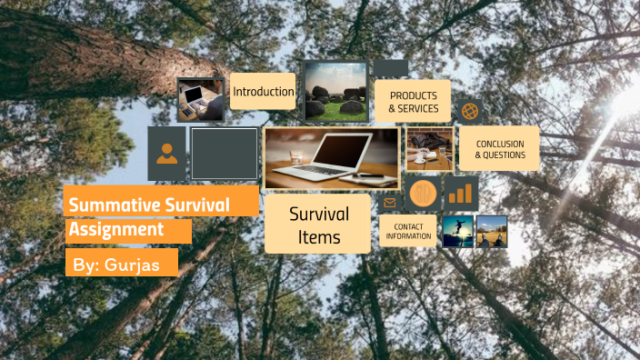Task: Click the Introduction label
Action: [x=264, y=92]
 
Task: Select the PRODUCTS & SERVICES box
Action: [x=413, y=102]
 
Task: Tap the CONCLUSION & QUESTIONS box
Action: [x=500, y=149]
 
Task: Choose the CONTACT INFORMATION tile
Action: [x=408, y=231]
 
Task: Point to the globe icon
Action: [x=469, y=111]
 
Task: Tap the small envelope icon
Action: [x=390, y=202]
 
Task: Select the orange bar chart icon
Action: [x=462, y=194]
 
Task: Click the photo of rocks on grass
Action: [x=335, y=93]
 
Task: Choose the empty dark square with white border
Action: [x=225, y=154]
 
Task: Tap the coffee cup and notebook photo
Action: [x=430, y=150]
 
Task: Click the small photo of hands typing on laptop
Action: [x=201, y=99]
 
